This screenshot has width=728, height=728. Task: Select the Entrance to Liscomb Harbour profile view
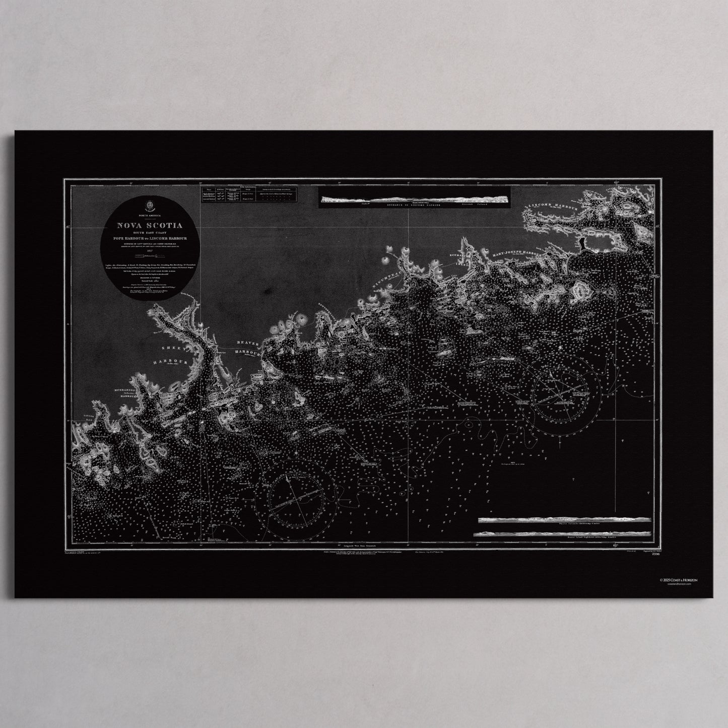click(x=413, y=200)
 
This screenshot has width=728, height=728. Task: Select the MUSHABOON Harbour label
click(x=120, y=389)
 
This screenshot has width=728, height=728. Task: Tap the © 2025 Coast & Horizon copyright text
click(x=686, y=580)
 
